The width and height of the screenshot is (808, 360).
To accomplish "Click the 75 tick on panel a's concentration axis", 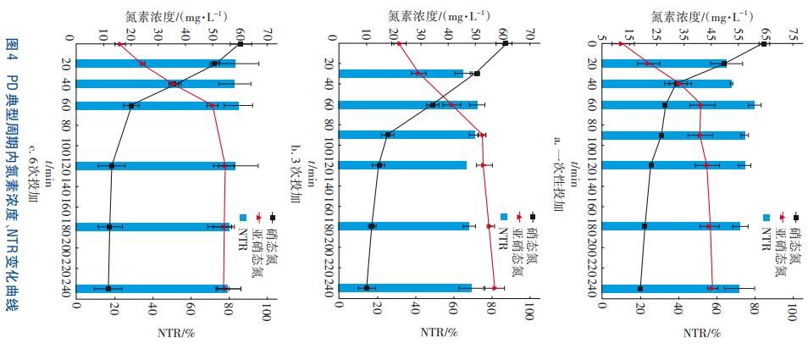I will coord(794,36).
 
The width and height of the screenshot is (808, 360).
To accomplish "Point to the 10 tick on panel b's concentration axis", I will coord(366,36).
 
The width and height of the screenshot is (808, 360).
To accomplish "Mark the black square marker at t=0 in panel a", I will coord(764,43).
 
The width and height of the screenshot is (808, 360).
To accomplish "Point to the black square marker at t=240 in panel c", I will coord(108,289).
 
